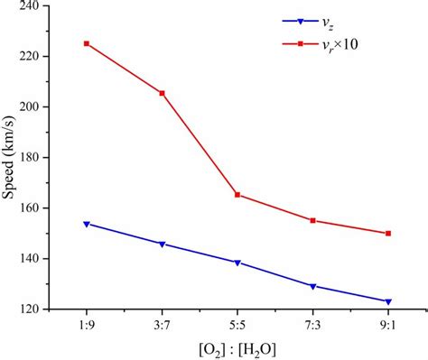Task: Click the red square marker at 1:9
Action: tap(87, 43)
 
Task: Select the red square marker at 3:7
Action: tap(162, 93)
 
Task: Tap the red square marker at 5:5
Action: tap(237, 194)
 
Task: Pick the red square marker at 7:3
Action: tap(312, 220)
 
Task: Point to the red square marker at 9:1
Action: tap(388, 233)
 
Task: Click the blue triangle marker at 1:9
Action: tap(87, 224)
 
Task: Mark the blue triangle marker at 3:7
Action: tap(162, 244)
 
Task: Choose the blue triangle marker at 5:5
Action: tap(237, 263)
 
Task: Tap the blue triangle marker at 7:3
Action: tap(312, 286)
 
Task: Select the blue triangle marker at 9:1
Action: tap(388, 301)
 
